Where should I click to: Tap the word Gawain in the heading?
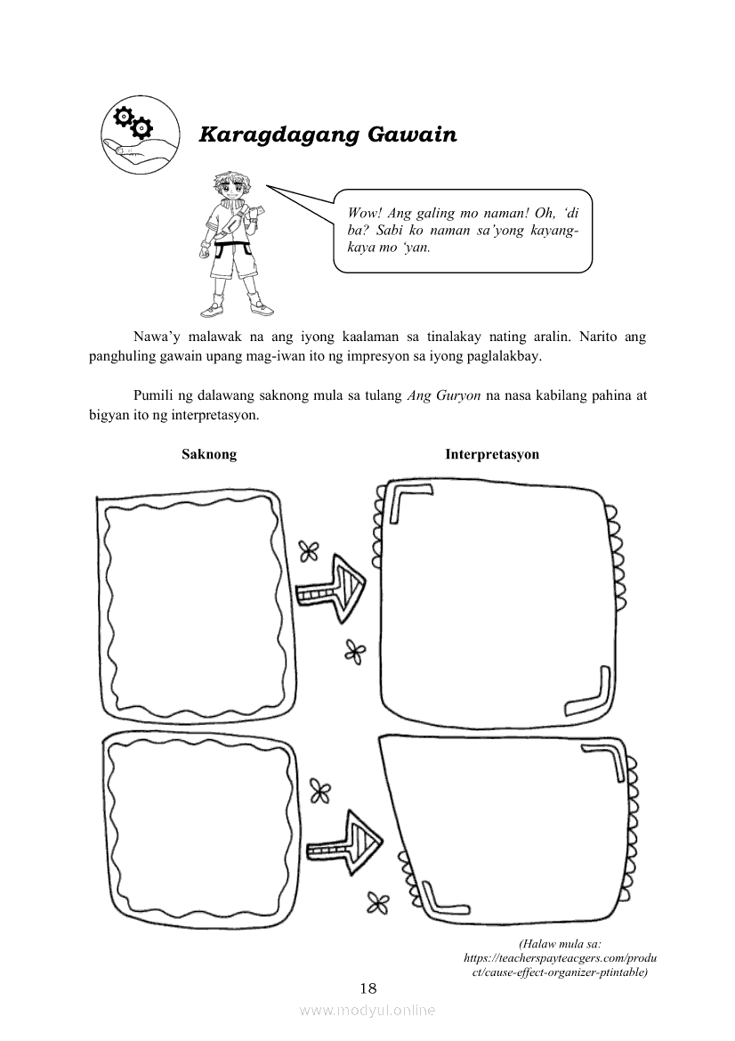pyautogui.click(x=412, y=134)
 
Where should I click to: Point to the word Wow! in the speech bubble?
pyautogui.click(x=365, y=213)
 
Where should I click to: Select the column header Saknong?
pyautogui.click(x=209, y=455)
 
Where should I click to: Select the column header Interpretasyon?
pyautogui.click(x=492, y=455)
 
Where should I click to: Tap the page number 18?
pyautogui.click(x=367, y=988)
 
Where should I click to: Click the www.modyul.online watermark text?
pyautogui.click(x=367, y=1011)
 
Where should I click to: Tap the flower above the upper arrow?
pyautogui.click(x=309, y=550)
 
